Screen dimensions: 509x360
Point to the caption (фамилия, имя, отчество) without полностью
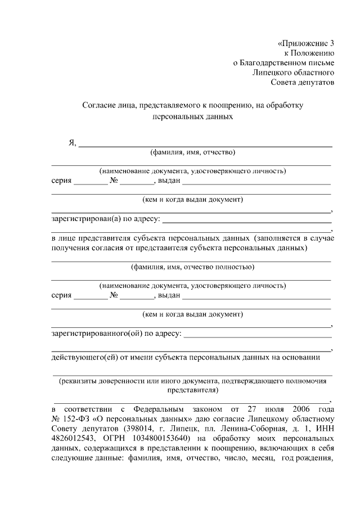(192, 152)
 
